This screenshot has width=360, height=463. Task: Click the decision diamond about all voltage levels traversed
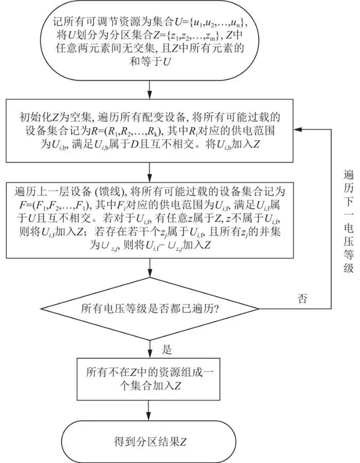tap(149, 309)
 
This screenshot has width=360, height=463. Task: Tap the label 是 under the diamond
tap(167, 349)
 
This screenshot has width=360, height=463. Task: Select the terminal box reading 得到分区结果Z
tap(149, 441)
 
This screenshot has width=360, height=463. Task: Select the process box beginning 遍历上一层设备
tap(149, 225)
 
